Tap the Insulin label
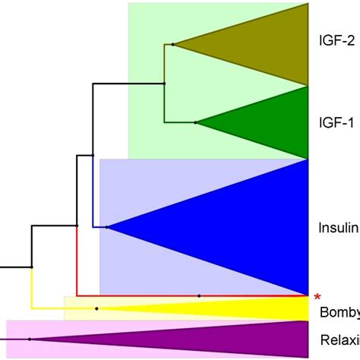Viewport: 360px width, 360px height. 336,227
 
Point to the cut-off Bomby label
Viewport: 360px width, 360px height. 339,313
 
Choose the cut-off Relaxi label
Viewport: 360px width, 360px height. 339,339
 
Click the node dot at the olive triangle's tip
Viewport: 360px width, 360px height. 173,45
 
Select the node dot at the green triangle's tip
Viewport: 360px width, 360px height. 196,122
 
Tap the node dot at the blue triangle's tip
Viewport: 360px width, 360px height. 107,227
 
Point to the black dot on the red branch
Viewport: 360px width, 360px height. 199,295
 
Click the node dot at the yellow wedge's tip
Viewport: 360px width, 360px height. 97,308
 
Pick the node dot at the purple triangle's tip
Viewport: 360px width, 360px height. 30,339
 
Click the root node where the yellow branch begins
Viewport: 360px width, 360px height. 31,267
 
